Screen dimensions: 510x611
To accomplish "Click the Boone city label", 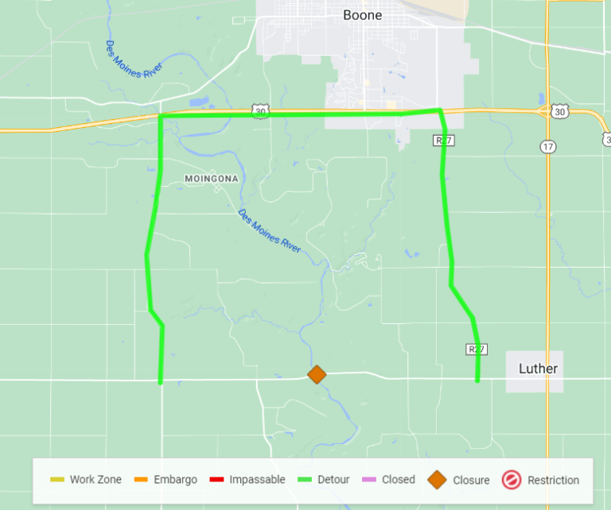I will pos(363,15).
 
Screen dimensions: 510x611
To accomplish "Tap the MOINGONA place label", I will pos(211,179).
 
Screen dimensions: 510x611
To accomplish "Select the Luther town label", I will pos(538,369).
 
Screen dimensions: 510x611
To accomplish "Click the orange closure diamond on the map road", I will pos(317,374).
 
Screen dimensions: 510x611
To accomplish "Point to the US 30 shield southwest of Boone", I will pos(260,112).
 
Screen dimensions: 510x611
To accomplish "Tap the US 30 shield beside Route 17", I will pos(560,112).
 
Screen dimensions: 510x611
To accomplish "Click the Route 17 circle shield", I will pos(547,146).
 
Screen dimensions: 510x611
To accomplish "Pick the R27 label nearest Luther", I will pos(476,349).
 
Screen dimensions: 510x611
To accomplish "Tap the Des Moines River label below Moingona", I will pos(270,231).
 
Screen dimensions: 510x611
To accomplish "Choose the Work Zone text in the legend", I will pos(95,480).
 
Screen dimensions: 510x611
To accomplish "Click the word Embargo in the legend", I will pos(176,480).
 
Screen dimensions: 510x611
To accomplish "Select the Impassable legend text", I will pos(257,480).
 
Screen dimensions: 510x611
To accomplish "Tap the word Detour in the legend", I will pos(333,480).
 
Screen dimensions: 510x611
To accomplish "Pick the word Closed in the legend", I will pos(398,480).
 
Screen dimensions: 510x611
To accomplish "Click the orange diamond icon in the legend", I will pos(437,480).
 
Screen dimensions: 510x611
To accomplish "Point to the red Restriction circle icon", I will pos(511,480).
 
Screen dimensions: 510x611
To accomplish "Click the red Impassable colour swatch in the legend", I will pos(216,480).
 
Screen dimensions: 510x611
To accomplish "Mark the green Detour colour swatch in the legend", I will pos(304,480).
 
